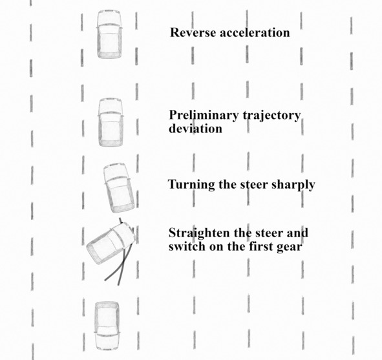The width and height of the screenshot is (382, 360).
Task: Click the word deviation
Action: pyautogui.click(x=195, y=128)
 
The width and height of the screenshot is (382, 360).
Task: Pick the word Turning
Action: pyautogui.click(x=191, y=185)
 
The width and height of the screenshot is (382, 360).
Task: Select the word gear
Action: pyautogui.click(x=290, y=247)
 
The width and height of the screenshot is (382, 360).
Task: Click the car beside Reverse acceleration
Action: pyautogui.click(x=109, y=34)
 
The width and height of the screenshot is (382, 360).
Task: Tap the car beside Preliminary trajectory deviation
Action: pyautogui.click(x=111, y=122)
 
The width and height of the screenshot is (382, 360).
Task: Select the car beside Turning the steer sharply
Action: pyautogui.click(x=118, y=187)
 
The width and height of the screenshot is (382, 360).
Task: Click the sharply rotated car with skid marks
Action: pyautogui.click(x=111, y=244)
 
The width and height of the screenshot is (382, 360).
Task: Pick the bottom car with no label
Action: pyautogui.click(x=107, y=326)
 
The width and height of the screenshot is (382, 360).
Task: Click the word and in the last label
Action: pyautogui.click(x=297, y=233)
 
